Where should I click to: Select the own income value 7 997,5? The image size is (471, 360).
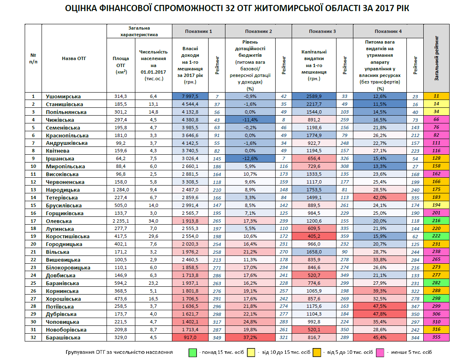190,97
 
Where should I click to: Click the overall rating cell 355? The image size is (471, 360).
436,338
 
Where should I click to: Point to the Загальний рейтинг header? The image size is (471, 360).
436,58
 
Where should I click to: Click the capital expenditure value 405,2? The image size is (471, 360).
314,237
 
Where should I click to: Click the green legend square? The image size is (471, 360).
192,352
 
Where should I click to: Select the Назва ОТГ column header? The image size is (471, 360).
74,58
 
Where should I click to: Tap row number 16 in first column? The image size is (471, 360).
33,213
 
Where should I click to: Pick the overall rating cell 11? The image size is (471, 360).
436,97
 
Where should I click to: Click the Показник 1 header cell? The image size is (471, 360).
198,31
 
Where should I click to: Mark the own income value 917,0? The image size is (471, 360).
190,338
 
